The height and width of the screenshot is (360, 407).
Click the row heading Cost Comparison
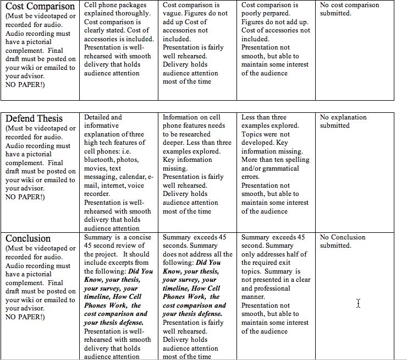coord(40,6)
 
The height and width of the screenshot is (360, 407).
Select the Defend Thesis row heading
coord(34,118)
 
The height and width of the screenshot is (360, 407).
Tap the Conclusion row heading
coord(28,238)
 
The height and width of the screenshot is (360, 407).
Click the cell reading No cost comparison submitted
coord(349,9)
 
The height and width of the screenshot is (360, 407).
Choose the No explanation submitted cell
coord(343,121)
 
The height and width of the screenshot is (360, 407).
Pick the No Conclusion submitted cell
coord(343,241)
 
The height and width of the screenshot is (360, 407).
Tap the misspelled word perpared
coord(262,13)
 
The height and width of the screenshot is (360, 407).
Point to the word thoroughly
coord(133,13)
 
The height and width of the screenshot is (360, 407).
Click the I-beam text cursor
coord(358,303)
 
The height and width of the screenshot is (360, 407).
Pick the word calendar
coord(131,177)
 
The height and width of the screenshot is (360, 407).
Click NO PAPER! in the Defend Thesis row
coord(25,197)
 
